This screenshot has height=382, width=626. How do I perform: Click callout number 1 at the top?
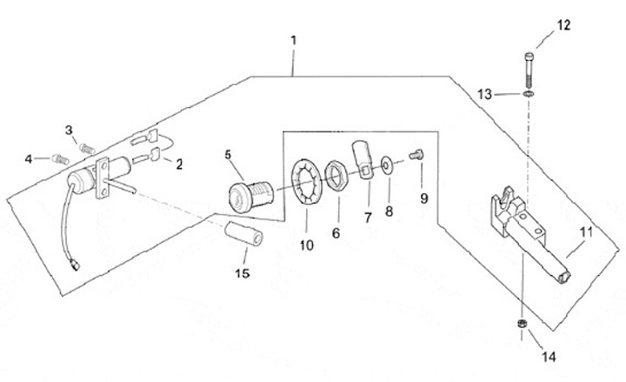(294, 40)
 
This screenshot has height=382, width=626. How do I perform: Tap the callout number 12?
(563, 25)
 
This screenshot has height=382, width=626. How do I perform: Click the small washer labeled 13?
(529, 94)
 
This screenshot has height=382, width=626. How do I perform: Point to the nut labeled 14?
(522, 324)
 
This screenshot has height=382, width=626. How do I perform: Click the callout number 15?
(243, 273)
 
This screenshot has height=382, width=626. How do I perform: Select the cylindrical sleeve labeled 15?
(243, 234)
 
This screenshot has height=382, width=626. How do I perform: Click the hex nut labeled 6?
(336, 177)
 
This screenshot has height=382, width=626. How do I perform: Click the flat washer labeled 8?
(386, 164)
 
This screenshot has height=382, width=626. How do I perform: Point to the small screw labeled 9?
(416, 155)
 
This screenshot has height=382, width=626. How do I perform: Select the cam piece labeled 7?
(363, 160)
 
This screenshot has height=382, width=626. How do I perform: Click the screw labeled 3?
(87, 149)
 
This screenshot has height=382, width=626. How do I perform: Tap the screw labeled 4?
(60, 159)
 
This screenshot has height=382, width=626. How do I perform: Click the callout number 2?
(179, 164)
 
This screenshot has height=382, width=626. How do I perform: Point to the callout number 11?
(587, 231)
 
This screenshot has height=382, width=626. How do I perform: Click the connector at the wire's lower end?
(74, 265)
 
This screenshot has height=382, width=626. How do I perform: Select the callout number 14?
(549, 357)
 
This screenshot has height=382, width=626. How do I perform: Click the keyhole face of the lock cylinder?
(236, 198)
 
